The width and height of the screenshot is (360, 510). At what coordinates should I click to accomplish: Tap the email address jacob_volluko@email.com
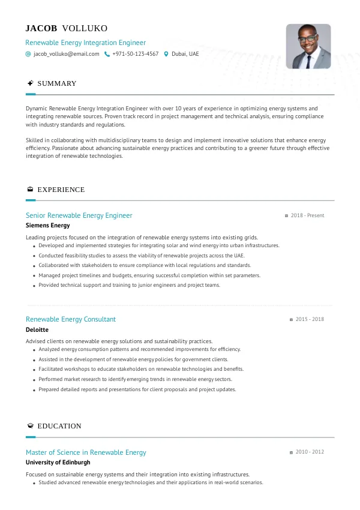click(66, 54)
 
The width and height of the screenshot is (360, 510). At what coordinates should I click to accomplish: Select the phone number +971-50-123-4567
click(135, 54)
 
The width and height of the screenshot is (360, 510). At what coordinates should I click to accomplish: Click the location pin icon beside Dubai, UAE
click(166, 54)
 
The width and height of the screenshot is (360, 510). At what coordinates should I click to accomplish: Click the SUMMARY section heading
click(57, 83)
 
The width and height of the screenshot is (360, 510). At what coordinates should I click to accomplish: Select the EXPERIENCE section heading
click(61, 190)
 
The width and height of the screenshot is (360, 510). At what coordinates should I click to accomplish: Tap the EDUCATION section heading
click(59, 426)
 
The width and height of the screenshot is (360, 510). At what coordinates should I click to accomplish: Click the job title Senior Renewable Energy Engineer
click(79, 215)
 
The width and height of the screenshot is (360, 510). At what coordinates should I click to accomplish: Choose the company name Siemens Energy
click(48, 226)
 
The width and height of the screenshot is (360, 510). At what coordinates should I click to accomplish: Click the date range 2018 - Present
click(307, 215)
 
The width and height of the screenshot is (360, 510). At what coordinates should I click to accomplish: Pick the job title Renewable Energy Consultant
click(71, 319)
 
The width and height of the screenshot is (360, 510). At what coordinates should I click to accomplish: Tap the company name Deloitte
click(37, 329)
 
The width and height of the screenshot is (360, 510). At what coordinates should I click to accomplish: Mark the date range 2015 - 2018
click(310, 319)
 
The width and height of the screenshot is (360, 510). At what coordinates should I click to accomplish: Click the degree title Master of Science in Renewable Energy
click(86, 452)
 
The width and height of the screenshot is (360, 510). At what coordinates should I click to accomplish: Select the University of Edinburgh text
click(58, 463)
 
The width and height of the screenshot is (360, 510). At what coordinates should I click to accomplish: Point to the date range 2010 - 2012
click(310, 452)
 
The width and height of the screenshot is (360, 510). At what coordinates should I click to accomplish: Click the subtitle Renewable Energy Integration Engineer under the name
click(85, 43)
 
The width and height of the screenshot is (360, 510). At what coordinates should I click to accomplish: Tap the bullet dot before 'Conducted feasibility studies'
click(34, 256)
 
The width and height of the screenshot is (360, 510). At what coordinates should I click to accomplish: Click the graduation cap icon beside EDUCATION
click(30, 426)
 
